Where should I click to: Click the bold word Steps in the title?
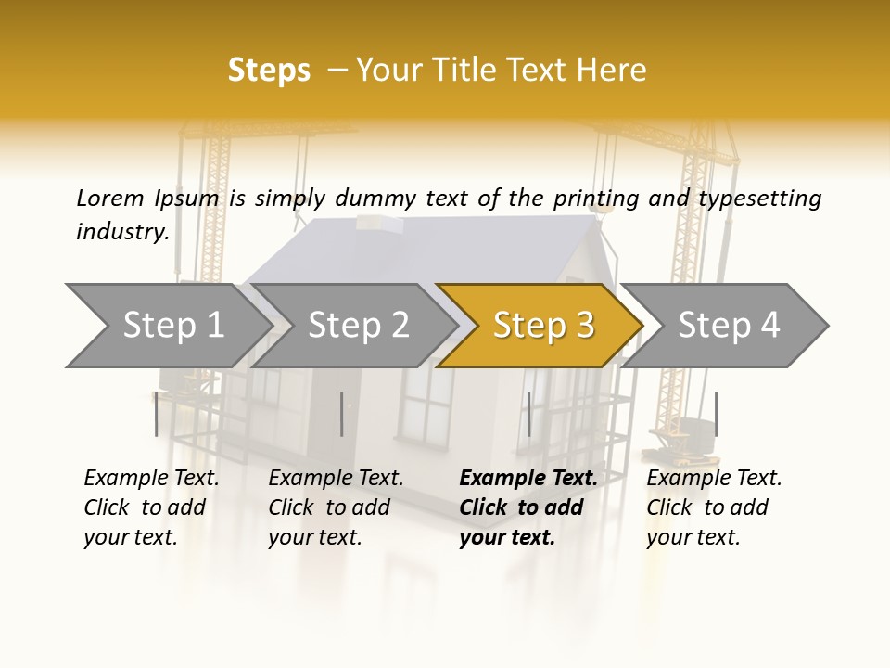(x=269, y=71)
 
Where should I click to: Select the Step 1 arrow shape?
(x=167, y=325)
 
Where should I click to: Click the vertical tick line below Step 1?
(x=156, y=414)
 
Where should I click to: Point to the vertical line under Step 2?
(x=342, y=414)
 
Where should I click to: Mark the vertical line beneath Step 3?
(x=528, y=414)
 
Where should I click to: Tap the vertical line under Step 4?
(x=716, y=414)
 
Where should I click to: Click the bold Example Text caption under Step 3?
(x=528, y=507)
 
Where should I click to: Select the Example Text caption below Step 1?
(x=151, y=507)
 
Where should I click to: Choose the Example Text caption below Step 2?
(x=336, y=507)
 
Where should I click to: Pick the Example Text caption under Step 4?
(x=714, y=507)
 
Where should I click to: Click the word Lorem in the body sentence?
(x=110, y=198)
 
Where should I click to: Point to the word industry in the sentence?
(x=122, y=232)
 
